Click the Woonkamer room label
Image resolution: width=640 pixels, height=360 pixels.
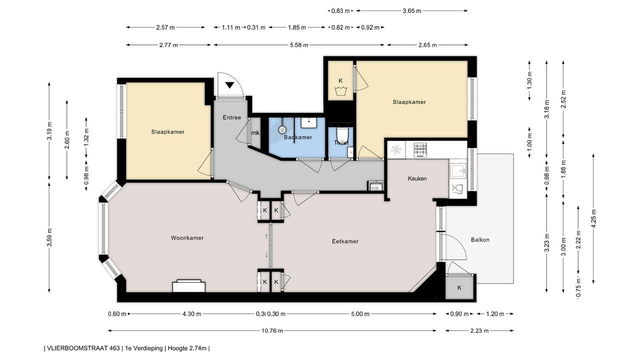point(187,237)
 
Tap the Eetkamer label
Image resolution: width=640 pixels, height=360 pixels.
point(345,241)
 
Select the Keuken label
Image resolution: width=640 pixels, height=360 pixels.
point(417,178)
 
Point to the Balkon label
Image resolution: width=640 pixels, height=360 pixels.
point(480,239)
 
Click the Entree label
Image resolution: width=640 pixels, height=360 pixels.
point(231,117)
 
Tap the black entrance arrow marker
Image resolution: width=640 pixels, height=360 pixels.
point(229,85)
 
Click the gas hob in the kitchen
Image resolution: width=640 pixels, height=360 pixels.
point(420,150)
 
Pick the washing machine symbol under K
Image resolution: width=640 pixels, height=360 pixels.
point(340,92)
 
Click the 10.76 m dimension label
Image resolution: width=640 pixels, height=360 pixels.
point(272,331)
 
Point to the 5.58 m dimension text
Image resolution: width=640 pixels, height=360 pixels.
point(299,45)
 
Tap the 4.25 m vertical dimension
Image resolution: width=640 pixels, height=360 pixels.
point(594,219)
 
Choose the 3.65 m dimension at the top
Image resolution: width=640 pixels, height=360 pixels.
point(411,11)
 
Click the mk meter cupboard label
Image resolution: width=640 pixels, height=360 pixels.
point(255,133)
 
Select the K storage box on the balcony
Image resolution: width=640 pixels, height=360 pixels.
point(459,287)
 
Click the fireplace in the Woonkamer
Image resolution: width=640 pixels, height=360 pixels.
point(188,286)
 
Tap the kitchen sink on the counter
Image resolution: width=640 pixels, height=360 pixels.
point(458,171)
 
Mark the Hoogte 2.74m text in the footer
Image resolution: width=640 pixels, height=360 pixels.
point(187,348)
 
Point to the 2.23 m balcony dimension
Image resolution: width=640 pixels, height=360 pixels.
point(479,331)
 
